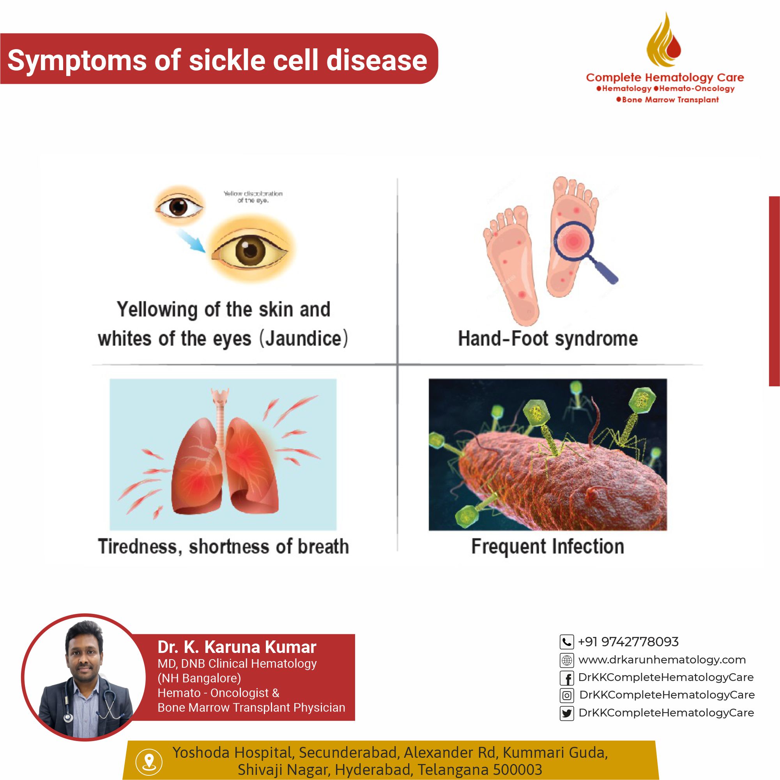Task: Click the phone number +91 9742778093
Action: click(x=628, y=642)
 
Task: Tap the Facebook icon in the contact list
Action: click(x=567, y=678)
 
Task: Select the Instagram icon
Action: click(x=567, y=696)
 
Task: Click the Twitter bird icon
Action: click(x=567, y=713)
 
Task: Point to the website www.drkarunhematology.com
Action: click(x=662, y=660)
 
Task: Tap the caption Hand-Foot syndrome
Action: click(x=548, y=338)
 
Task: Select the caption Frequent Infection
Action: click(x=547, y=546)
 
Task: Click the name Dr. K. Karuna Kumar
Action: click(x=237, y=646)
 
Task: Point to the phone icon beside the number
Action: click(x=567, y=642)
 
